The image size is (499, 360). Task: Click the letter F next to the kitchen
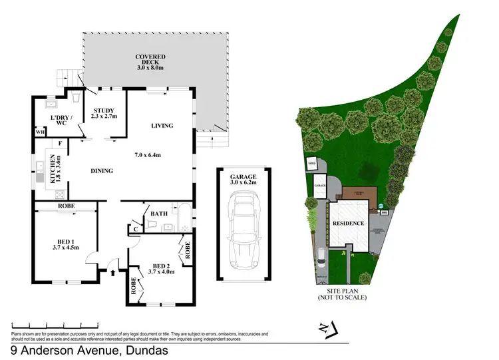point(60,143)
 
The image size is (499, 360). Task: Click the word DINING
point(102,171)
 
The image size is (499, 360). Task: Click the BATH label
point(158,214)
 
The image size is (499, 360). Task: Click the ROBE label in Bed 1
point(66,206)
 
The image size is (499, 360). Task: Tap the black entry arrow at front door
point(112,271)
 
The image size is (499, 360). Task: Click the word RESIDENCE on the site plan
point(349,224)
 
